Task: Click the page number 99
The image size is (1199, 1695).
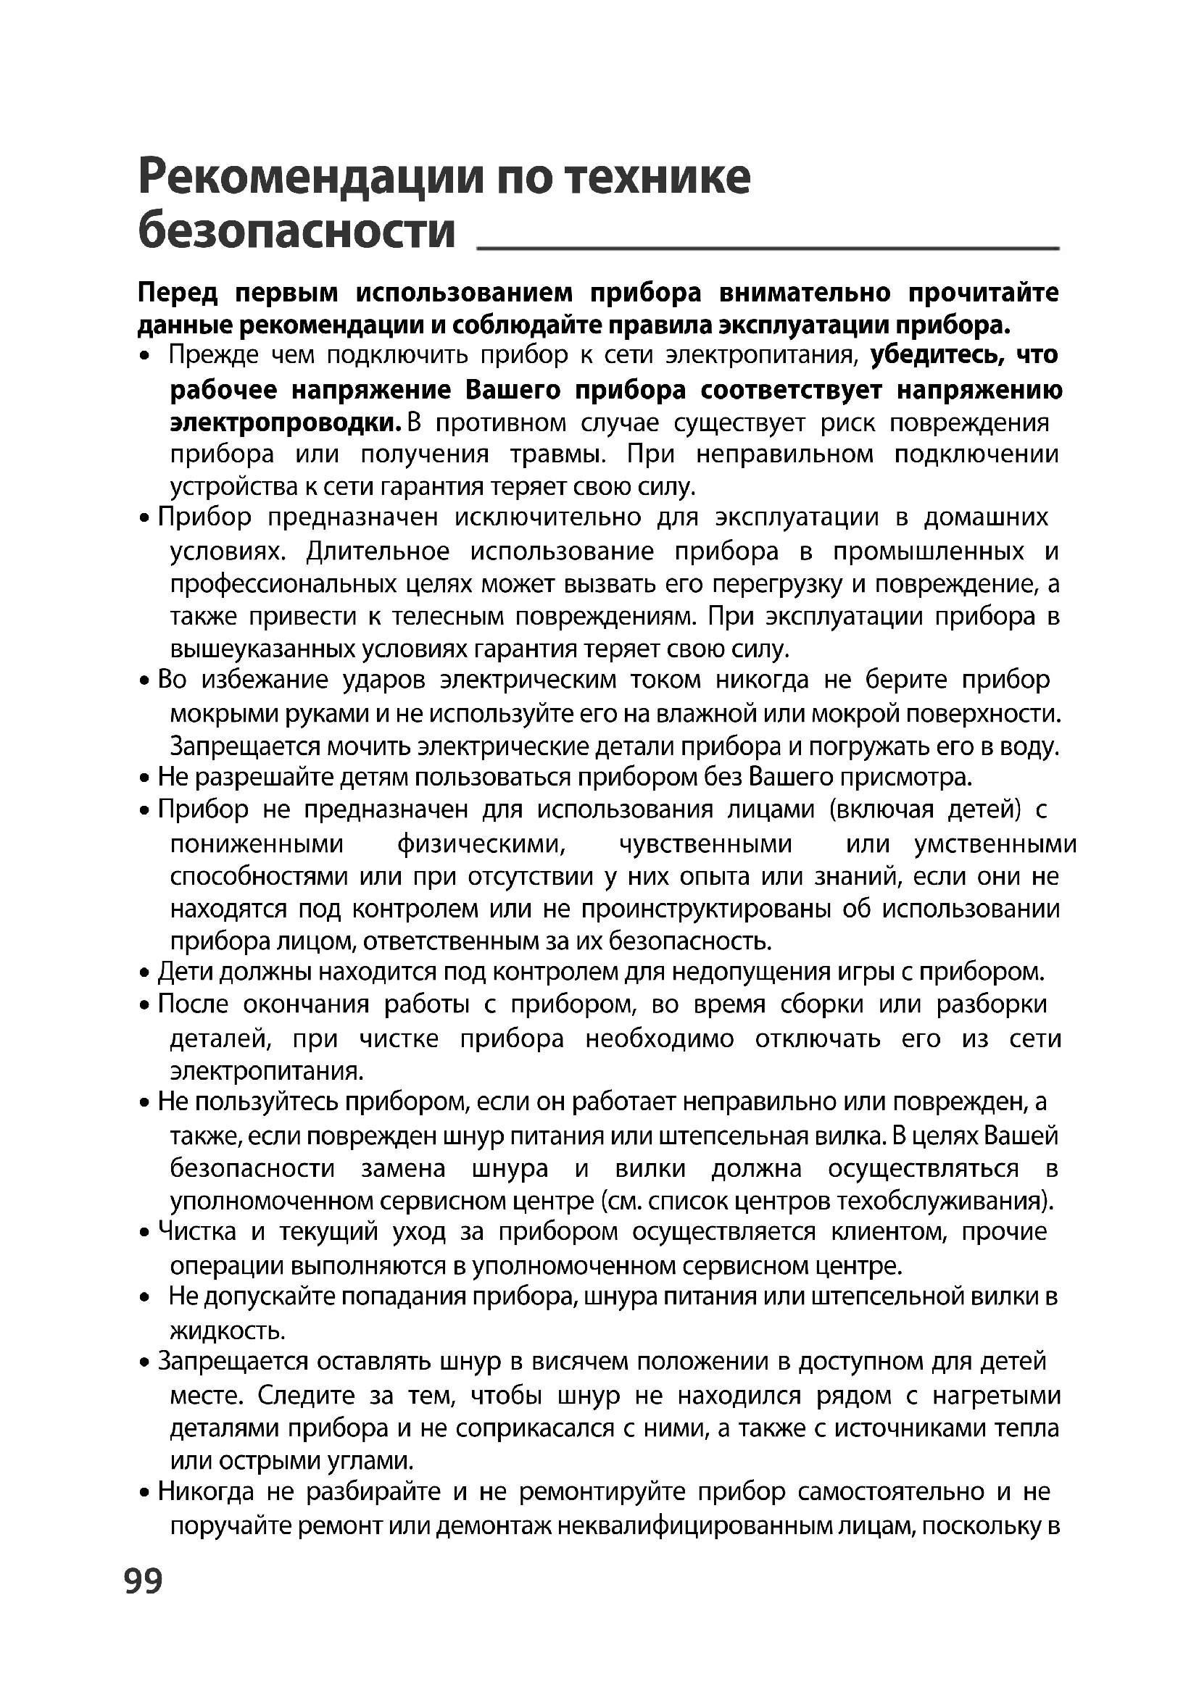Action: [144, 1581]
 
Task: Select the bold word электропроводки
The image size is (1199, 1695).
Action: [286, 423]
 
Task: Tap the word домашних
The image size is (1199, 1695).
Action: [986, 517]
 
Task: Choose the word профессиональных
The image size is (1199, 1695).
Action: [283, 585]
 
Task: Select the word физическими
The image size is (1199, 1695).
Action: [481, 844]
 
